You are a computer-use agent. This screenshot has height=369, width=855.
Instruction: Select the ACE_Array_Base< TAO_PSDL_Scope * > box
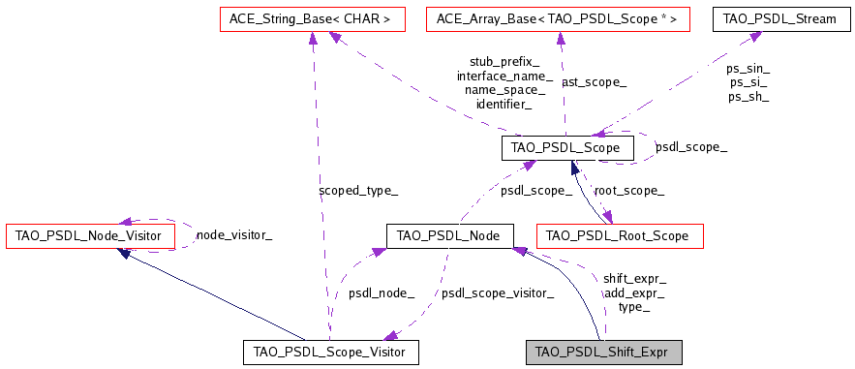(558, 18)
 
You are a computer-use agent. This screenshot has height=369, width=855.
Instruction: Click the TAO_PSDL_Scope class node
(567, 148)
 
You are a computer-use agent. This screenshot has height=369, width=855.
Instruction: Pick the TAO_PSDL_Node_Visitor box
(90, 235)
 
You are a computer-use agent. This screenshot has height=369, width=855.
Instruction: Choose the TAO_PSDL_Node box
(449, 235)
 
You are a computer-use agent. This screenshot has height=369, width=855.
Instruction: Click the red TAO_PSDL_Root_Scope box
(618, 235)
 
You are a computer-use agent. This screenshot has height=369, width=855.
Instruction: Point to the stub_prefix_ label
(504, 61)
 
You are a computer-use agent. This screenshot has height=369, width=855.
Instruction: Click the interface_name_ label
(504, 76)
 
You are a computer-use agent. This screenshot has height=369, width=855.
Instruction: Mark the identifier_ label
(504, 104)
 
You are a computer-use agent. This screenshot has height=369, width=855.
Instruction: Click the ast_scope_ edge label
(594, 83)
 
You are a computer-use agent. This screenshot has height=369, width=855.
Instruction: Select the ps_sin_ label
(748, 69)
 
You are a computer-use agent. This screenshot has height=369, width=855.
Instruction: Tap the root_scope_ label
(628, 191)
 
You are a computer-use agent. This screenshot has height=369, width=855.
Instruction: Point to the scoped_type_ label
(357, 191)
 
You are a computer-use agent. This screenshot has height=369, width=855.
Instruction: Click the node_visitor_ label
(234, 235)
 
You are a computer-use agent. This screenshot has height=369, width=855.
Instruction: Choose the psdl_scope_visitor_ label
(498, 292)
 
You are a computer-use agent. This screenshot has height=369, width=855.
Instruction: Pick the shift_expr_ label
(634, 278)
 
